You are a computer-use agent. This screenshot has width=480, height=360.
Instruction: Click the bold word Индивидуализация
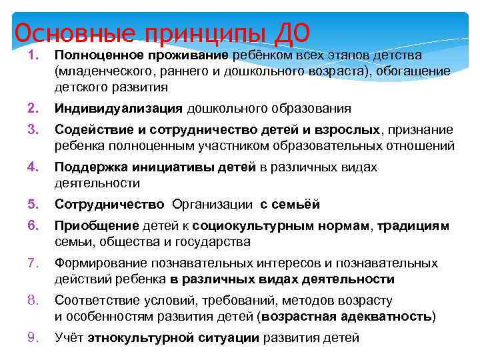tap(119, 108)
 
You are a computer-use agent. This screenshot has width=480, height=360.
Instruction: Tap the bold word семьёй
tap(299, 204)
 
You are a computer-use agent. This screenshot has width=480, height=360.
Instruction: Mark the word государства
tap(213, 241)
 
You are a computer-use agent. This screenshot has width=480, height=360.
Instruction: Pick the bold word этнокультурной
tap(141, 337)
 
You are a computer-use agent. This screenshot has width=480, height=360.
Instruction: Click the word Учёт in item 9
tap(69, 337)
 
